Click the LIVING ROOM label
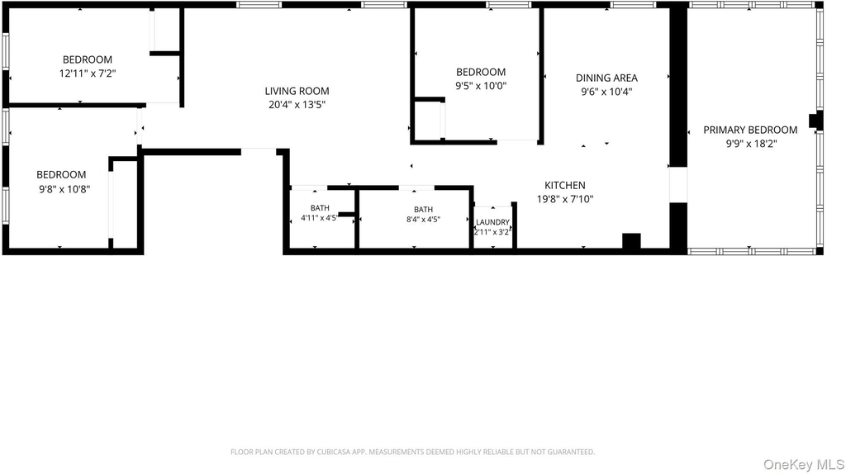[297, 91]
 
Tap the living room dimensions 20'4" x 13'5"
[297, 105]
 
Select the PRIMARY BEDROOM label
[750, 130]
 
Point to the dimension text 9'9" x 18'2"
[750, 144]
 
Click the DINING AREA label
[606, 78]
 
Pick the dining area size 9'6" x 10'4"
[606, 92]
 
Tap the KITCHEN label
[565, 186]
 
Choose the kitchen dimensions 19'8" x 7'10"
[565, 199]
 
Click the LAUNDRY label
[492, 222]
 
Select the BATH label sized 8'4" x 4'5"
[424, 209]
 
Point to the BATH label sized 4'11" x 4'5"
[320, 207]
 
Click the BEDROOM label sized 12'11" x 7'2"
[88, 59]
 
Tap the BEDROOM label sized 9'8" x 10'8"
[61, 175]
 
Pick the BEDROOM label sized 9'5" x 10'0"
[481, 73]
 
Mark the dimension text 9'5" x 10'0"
[481, 86]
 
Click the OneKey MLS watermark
[803, 464]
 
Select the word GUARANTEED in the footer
[573, 452]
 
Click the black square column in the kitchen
[631, 241]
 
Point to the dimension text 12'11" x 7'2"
[88, 73]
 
